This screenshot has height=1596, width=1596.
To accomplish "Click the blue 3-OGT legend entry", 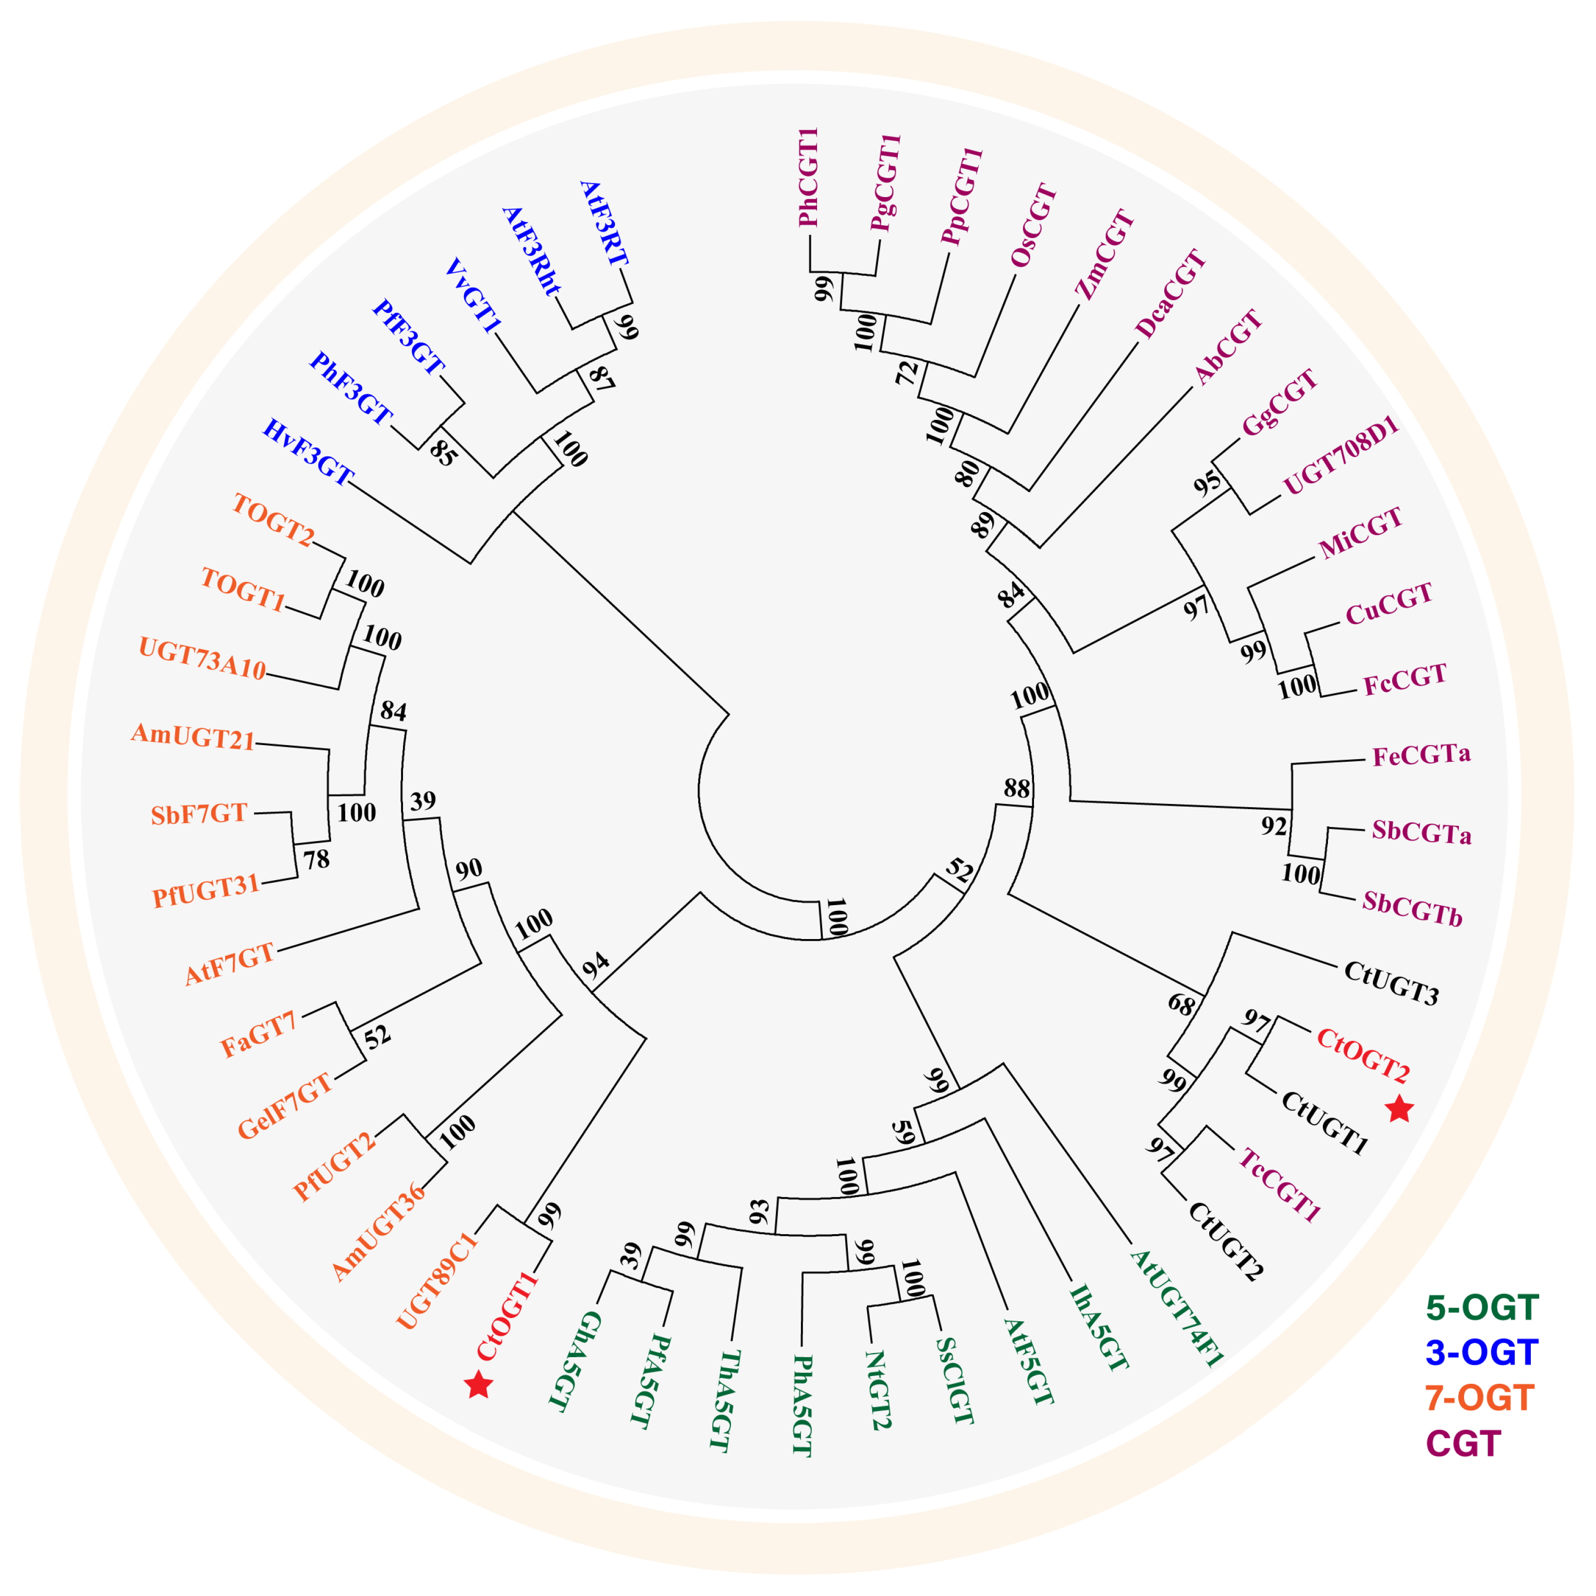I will coord(1481,1353).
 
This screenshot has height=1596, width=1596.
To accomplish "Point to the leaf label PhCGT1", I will coord(808,178).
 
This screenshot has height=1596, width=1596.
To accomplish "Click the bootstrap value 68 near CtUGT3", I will coord(1181,1005).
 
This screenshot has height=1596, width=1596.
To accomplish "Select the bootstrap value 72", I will coord(907,373).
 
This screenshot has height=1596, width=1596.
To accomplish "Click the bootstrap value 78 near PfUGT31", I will coord(316,860).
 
